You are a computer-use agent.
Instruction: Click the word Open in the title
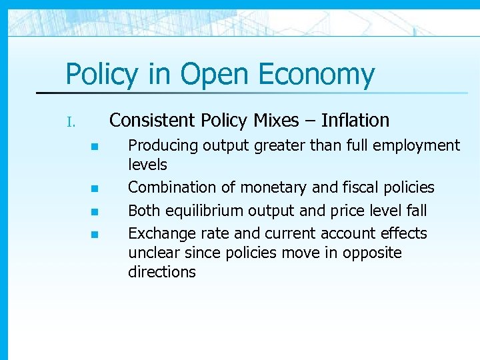point(213,75)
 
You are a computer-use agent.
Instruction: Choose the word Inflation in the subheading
point(355,120)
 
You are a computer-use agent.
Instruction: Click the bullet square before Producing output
point(95,147)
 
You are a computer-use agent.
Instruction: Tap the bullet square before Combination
point(95,189)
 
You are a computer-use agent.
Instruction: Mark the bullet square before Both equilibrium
point(95,211)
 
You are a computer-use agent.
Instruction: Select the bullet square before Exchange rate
point(95,234)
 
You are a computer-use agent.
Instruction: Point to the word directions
point(161,271)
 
